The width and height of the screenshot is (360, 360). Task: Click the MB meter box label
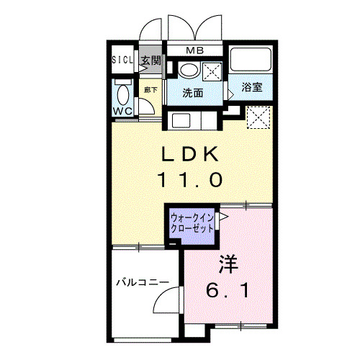click(x=195, y=50)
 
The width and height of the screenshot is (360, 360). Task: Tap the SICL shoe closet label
click(x=122, y=60)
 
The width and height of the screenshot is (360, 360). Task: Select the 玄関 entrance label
click(x=150, y=60)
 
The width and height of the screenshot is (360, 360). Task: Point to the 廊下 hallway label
click(x=150, y=90)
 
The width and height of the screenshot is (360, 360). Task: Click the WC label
click(x=122, y=111)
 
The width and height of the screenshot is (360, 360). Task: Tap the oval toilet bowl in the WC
click(x=123, y=95)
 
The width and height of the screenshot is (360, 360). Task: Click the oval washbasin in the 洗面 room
click(x=189, y=71)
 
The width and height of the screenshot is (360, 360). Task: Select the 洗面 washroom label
click(x=193, y=93)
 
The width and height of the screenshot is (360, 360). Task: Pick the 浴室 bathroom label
click(x=252, y=87)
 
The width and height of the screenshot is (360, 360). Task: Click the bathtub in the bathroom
click(x=251, y=59)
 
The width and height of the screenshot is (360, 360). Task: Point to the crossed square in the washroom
click(x=212, y=71)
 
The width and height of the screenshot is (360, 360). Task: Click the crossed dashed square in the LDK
click(x=258, y=117)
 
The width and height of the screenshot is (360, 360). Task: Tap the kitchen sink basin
click(x=181, y=121)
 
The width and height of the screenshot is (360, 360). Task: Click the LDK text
click(x=190, y=153)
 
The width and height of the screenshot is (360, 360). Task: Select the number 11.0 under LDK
click(x=190, y=180)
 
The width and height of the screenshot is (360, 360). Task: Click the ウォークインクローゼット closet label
click(x=192, y=223)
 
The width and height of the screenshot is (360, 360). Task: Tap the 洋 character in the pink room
click(x=228, y=264)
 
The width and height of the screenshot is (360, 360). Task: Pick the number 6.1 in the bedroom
click(x=227, y=289)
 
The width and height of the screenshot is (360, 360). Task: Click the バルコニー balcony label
click(x=143, y=282)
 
